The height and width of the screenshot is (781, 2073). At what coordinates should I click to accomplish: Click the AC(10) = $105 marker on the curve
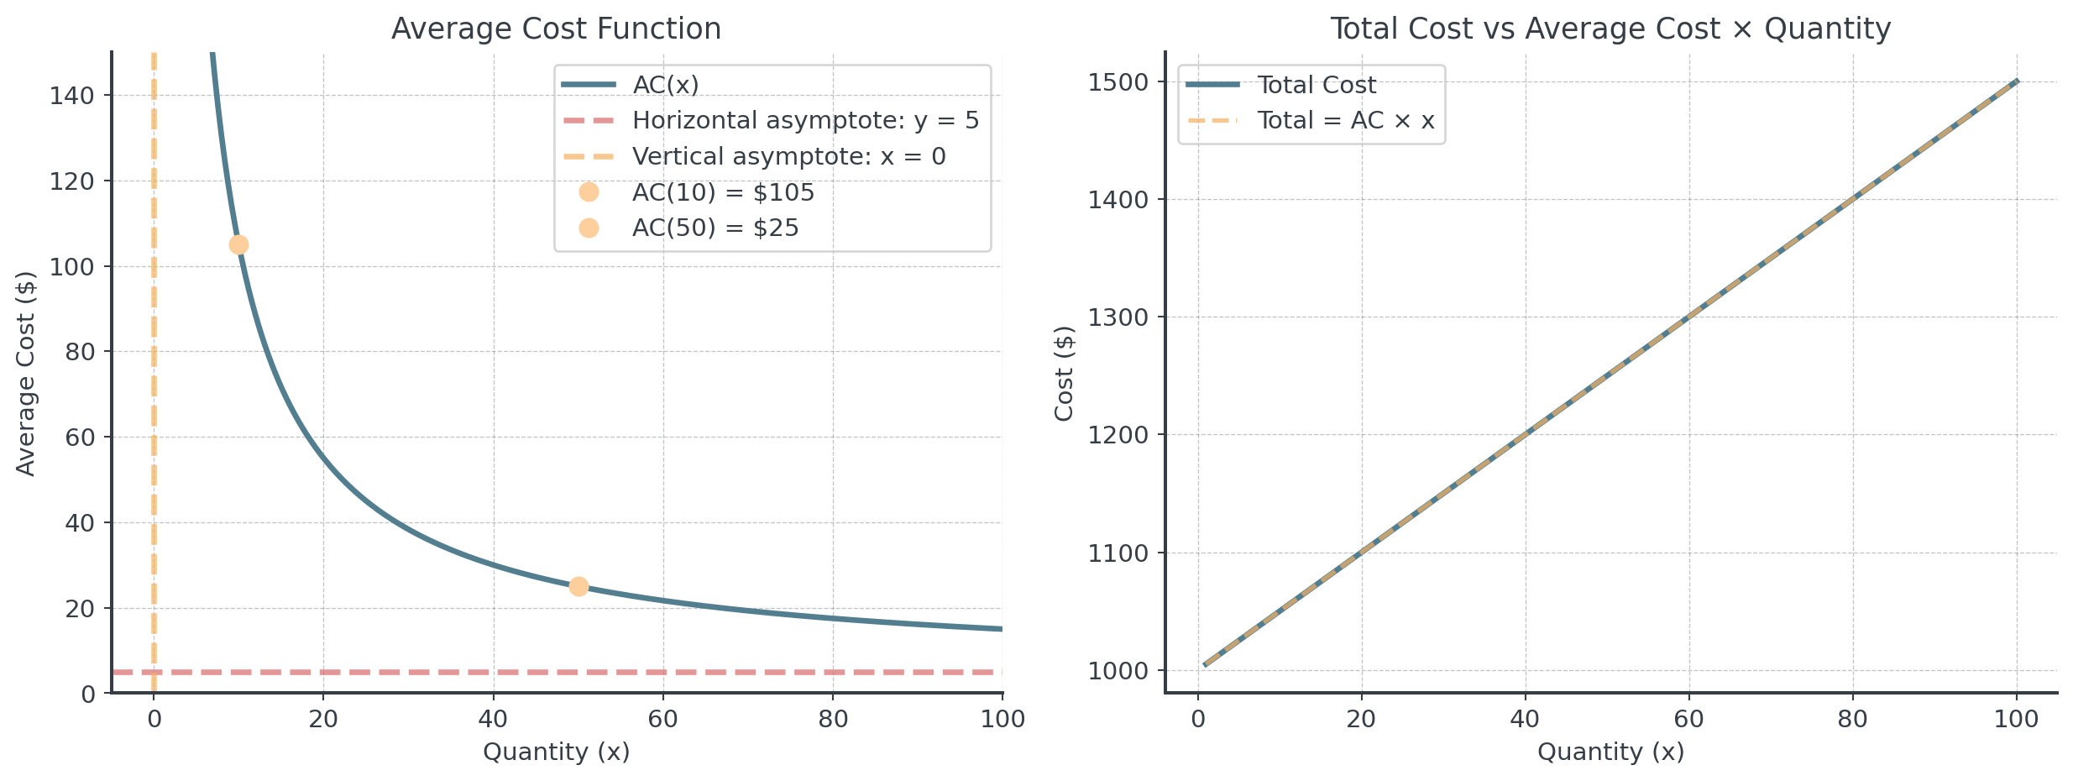pos(238,244)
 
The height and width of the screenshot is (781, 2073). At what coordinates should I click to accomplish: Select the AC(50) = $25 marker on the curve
pos(578,586)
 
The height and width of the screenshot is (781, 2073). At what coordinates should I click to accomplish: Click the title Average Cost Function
pos(556,29)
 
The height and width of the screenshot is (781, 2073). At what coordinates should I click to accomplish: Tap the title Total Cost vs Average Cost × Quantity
pos(1610,29)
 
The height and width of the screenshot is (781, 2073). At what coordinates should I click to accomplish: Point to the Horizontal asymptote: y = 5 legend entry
pos(804,121)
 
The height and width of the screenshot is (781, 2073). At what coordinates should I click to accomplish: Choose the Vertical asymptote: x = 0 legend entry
pos(788,157)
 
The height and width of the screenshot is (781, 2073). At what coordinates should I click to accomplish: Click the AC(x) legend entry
pos(665,85)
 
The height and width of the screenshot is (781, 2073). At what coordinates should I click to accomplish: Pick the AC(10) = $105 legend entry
pos(722,193)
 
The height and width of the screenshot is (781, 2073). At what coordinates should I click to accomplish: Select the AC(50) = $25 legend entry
pos(715,228)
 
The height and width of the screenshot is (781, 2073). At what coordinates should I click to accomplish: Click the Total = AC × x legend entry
pos(1345,121)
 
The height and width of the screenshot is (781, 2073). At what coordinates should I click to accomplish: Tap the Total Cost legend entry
pos(1316,85)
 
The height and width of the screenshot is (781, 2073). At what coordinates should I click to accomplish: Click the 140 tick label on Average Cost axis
pos(72,96)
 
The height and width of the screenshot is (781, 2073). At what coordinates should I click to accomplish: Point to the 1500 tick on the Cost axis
pos(1117,82)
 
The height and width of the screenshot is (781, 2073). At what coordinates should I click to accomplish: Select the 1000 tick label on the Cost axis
pos(1117,671)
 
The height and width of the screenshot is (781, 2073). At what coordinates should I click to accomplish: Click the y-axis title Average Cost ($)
pos(27,373)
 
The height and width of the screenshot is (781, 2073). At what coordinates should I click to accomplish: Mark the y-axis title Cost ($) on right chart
pos(1065,373)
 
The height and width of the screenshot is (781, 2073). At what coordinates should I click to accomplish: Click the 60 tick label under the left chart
pos(663,720)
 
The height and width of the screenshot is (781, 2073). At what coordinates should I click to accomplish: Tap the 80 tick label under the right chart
pos(1852,720)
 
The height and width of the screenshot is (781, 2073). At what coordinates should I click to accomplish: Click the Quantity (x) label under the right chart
pos(1610,752)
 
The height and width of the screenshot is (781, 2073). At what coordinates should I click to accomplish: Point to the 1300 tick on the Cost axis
pos(1117,317)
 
